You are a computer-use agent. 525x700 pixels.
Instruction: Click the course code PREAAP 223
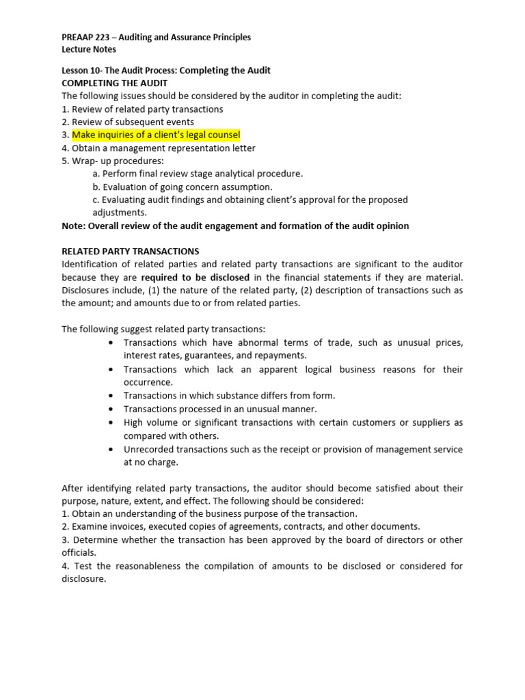(87, 37)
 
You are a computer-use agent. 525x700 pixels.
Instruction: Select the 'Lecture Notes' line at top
(89, 49)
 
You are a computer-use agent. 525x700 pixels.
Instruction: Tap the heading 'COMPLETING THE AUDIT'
(114, 83)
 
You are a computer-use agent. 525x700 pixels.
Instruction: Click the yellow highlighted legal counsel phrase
(156, 135)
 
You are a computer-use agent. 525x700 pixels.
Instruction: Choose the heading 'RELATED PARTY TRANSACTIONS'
(130, 252)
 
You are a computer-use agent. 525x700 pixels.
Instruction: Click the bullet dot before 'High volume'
(111, 422)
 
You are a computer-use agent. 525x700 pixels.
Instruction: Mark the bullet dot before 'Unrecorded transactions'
(111, 449)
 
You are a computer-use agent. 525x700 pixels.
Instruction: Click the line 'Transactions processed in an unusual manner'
(220, 409)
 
